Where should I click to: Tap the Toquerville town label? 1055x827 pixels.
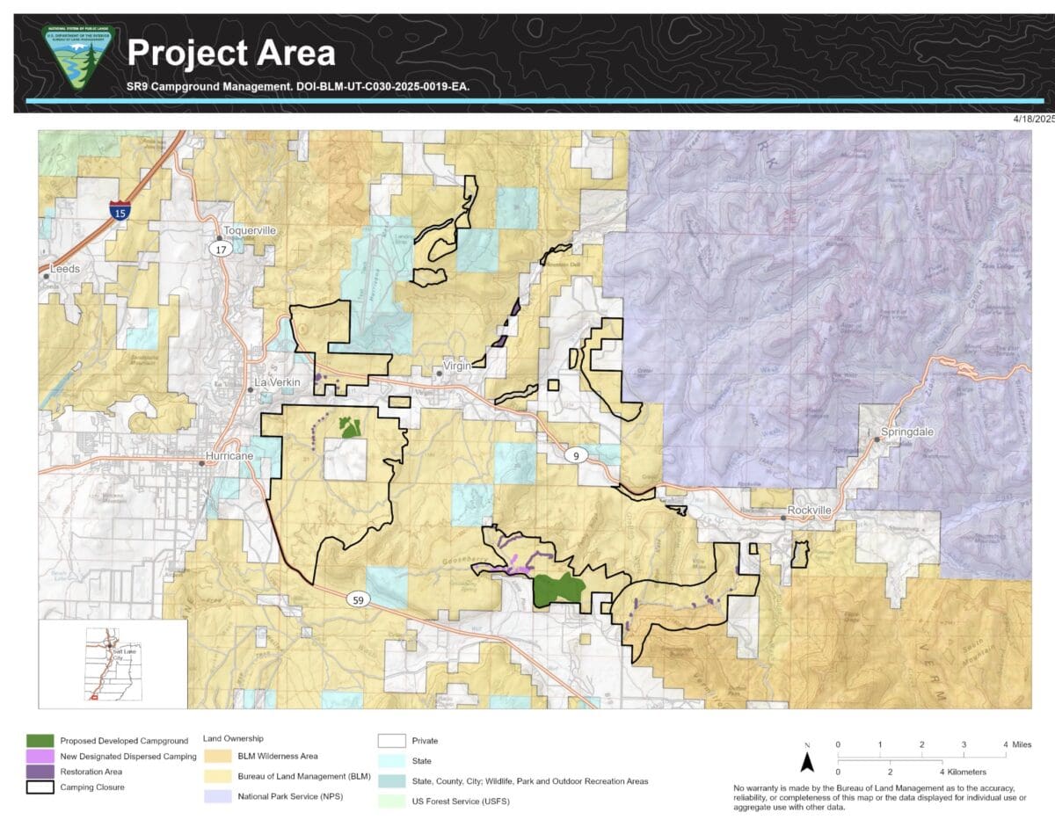point(250,230)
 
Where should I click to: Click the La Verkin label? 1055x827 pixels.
point(279,383)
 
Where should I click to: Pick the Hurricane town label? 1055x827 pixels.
point(229,457)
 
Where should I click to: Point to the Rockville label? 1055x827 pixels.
point(809,510)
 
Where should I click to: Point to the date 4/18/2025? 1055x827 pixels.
point(1032,119)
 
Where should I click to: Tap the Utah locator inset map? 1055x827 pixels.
point(113,664)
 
